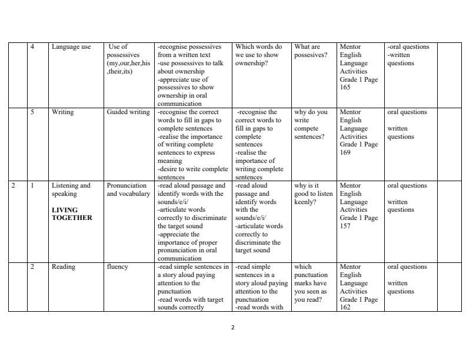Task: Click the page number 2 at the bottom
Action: point(233,328)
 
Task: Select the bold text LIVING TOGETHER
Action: point(72,214)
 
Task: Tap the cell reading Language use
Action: point(71,47)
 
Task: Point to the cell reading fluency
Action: point(116,267)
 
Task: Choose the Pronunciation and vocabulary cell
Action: point(128,189)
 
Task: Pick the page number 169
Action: point(345,152)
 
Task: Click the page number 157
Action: point(345,226)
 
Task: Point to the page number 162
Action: point(345,307)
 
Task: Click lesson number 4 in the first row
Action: point(32,47)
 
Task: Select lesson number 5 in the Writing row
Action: point(32,112)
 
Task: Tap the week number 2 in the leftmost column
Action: point(14,186)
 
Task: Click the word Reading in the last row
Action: point(64,267)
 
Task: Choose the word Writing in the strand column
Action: point(63,112)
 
